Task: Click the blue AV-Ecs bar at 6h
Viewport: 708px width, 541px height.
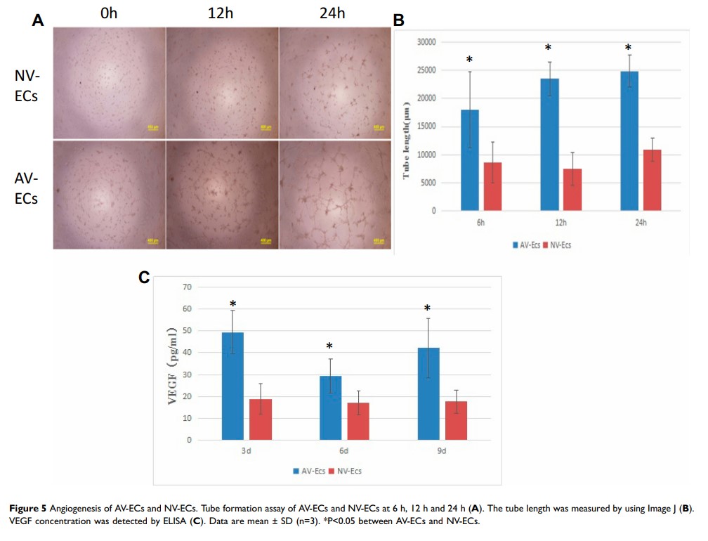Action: click(x=470, y=160)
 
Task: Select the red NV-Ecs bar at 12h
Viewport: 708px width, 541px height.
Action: click(x=572, y=190)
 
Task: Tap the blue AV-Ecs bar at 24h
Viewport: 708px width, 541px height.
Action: click(x=629, y=141)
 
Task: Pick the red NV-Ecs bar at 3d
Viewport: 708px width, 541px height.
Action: click(x=261, y=419)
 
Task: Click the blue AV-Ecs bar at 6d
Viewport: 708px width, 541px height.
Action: click(x=330, y=408)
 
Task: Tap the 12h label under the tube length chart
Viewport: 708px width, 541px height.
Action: click(x=560, y=222)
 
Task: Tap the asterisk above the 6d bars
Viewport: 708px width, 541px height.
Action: click(x=329, y=346)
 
